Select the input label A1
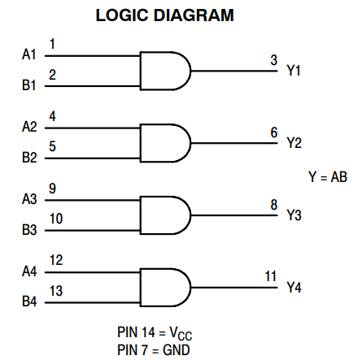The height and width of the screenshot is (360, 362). click(x=29, y=54)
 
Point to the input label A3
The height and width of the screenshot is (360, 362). click(x=29, y=199)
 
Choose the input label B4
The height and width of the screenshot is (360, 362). click(x=29, y=302)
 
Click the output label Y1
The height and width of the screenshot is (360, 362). click(x=294, y=71)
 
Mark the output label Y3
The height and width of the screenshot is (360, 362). click(x=294, y=215)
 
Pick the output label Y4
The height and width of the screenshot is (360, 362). click(x=294, y=288)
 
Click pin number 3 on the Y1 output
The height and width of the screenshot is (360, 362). click(x=273, y=60)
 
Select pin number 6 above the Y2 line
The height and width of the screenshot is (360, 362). click(x=273, y=132)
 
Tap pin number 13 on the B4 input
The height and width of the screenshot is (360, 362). click(x=56, y=291)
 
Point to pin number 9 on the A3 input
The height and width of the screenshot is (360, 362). click(x=53, y=189)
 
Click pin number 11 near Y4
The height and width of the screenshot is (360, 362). click(x=271, y=277)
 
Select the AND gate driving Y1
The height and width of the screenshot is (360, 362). click(x=165, y=70)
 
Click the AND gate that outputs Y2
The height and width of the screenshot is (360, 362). click(x=165, y=142)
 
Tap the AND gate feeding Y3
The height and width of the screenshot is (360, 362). click(x=165, y=215)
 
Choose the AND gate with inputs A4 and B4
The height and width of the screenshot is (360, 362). click(x=165, y=287)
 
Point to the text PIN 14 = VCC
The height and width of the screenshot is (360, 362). click(x=155, y=333)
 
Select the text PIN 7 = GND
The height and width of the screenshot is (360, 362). click(x=155, y=349)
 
